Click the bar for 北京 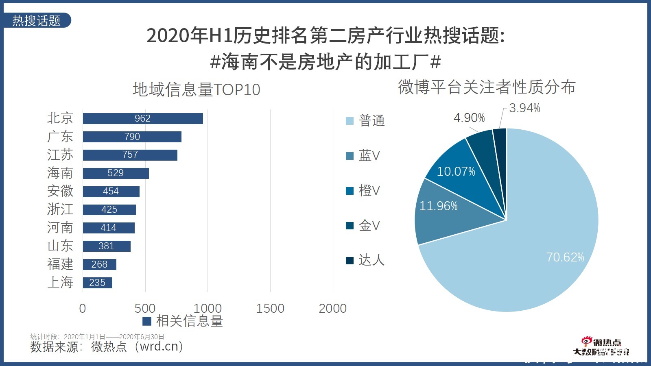(142, 118)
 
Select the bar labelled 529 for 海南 (116, 173)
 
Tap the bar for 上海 (97, 283)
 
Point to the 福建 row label (60, 264)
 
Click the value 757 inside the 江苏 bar (130, 155)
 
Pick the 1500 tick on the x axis (270, 308)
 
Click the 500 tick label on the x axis (145, 308)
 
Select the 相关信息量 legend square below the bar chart (147, 321)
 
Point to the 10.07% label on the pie (456, 172)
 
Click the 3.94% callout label (524, 108)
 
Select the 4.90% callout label (469, 118)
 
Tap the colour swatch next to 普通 (350, 121)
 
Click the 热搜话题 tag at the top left (37, 20)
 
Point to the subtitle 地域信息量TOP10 (196, 89)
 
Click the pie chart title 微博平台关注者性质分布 (487, 87)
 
